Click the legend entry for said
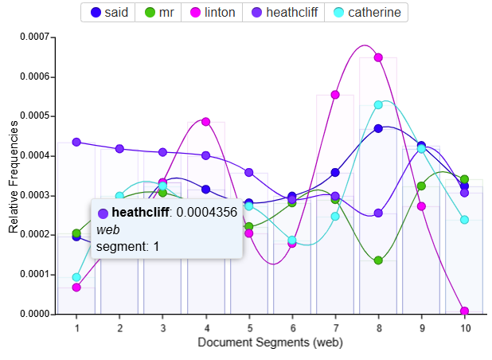point(110,13)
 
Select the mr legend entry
point(160,13)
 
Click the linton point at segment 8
point(379,57)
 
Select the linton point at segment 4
point(205,122)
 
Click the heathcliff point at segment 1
point(76,142)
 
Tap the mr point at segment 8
point(379,260)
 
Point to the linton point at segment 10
point(464,311)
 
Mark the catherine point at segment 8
point(379,104)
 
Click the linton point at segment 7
point(335,95)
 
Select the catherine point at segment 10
point(464,220)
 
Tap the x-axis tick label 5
point(248,327)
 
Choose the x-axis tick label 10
point(464,327)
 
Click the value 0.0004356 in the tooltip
point(207,213)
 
